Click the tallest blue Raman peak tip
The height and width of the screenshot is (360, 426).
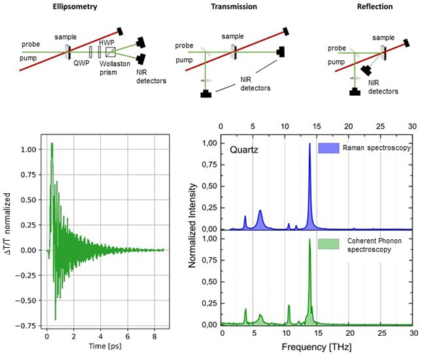pyautogui.click(x=310, y=144)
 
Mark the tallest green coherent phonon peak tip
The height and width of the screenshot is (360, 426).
pyautogui.click(x=310, y=239)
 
